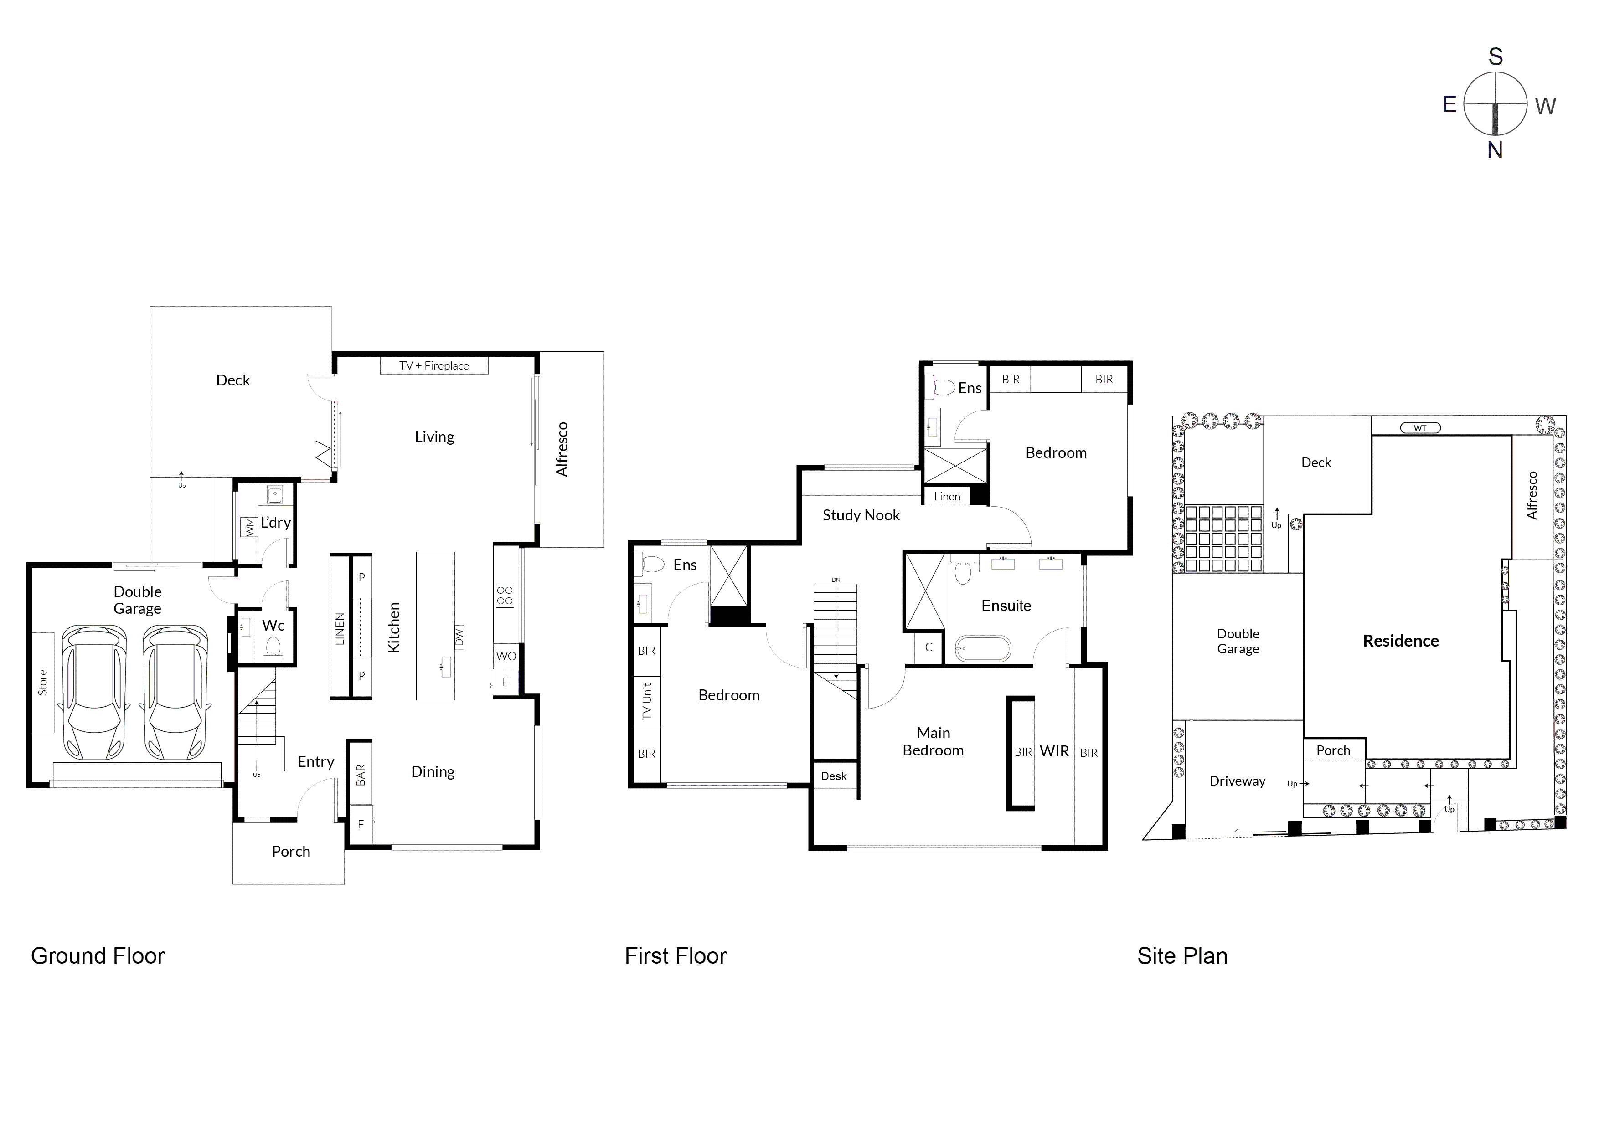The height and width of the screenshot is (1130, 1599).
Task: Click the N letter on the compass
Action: coord(1495,150)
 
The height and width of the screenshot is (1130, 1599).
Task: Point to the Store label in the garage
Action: coord(42,682)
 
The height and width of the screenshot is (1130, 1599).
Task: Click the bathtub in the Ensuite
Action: coord(982,649)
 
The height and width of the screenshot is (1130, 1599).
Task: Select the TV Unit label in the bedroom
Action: coord(646,701)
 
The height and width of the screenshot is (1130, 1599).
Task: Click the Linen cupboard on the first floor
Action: coord(946,496)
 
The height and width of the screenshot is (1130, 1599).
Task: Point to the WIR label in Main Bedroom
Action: coord(1054,751)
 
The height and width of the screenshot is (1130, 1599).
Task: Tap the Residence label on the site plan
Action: coord(1400,641)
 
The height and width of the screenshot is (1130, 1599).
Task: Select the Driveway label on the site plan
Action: coord(1237,781)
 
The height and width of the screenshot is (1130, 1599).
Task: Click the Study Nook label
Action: coord(861,515)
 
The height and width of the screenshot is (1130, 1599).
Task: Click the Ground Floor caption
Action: coord(98,956)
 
